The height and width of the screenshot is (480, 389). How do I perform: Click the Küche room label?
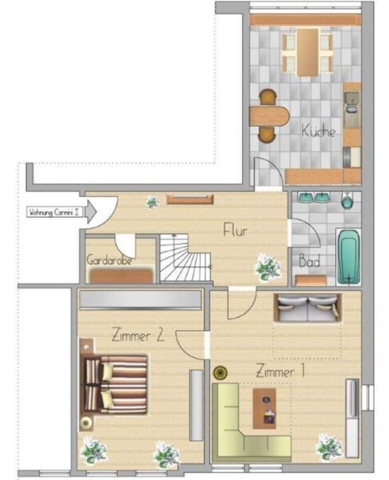tap(318, 131)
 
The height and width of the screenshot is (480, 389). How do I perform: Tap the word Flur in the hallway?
tap(235, 230)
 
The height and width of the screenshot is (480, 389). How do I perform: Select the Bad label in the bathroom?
tap(309, 262)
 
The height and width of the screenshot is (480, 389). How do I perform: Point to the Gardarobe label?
tap(109, 260)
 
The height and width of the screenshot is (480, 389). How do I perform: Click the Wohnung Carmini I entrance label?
tap(56, 212)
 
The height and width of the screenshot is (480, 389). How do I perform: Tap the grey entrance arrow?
tap(91, 212)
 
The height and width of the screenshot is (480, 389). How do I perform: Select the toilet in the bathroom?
tap(347, 201)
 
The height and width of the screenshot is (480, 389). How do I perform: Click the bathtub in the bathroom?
tap(348, 257)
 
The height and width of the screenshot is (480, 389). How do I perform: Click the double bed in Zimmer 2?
tap(114, 385)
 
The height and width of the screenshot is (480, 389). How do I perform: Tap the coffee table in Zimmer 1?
tap(265, 409)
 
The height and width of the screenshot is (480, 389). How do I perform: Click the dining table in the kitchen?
tap(308, 52)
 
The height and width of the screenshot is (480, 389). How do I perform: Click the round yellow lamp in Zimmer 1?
tap(220, 373)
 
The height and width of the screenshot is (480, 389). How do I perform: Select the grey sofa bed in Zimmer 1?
tap(308, 307)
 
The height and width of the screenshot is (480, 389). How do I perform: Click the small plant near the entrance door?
tap(152, 202)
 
